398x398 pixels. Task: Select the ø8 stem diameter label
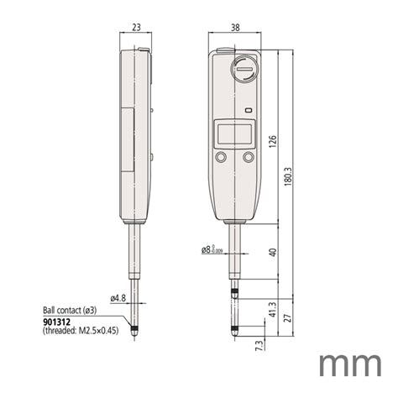point(211,249)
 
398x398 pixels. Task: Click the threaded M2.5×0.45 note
point(79,331)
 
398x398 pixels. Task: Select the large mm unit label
point(349,366)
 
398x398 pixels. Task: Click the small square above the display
point(248,110)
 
